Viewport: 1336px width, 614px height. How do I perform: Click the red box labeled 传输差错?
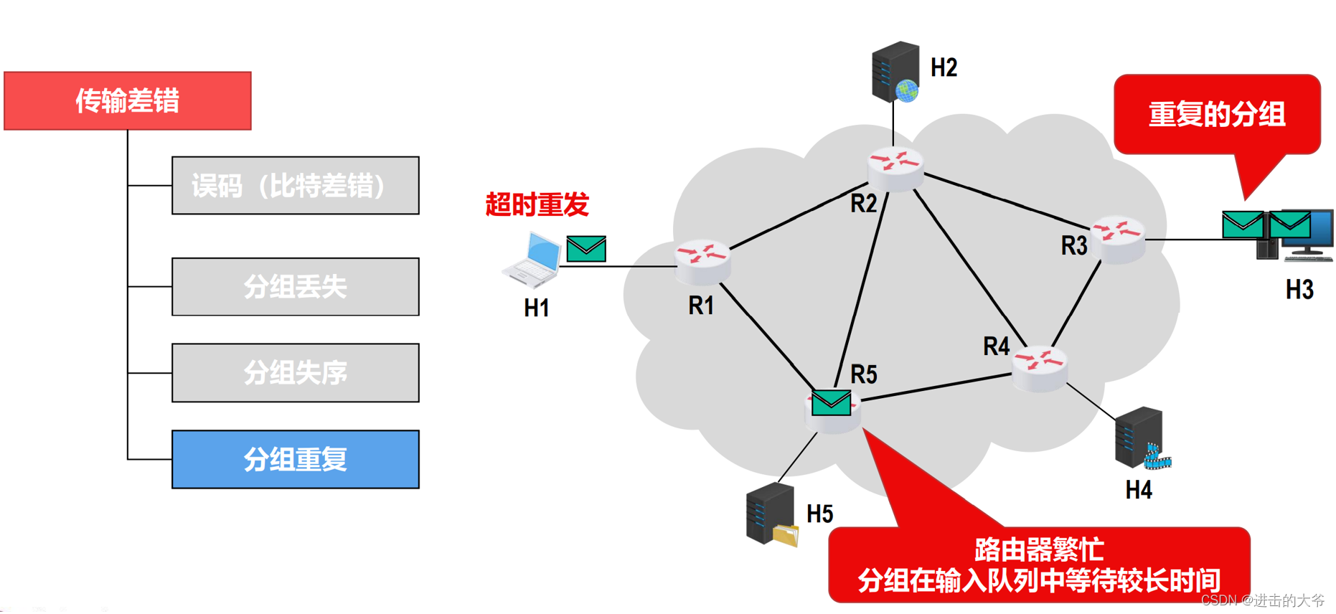128,100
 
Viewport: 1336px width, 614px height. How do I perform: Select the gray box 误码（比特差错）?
295,186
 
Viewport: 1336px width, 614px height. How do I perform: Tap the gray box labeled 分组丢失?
295,287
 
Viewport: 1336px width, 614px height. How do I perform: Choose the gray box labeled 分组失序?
295,373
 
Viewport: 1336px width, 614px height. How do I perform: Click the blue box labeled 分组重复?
295,460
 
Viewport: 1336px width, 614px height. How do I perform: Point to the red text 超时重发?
537,205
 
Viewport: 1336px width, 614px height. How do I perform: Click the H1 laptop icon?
532,259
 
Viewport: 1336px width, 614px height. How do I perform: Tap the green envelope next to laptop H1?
586,249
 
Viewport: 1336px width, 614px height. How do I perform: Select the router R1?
702,262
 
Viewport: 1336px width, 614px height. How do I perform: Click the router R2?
895,169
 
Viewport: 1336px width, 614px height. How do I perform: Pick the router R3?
1117,240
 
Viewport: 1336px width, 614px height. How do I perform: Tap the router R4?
1039,368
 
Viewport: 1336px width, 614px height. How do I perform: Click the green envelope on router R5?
831,403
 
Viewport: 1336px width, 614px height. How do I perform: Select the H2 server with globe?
895,72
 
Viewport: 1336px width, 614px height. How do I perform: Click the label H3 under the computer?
1299,290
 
